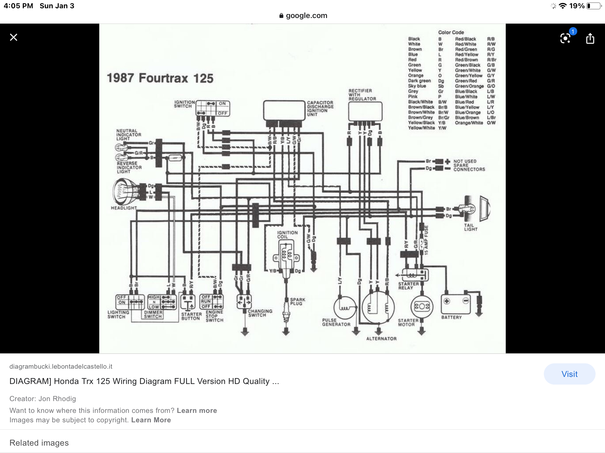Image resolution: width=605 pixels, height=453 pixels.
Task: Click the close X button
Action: [14, 37]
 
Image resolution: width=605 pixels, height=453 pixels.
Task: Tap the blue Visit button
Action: [569, 374]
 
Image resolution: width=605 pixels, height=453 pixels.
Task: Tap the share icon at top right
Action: [590, 38]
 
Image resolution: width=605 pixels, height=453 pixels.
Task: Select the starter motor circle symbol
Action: [422, 307]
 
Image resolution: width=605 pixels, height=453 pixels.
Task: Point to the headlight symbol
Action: [126, 192]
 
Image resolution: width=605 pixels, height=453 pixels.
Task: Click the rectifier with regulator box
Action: [365, 111]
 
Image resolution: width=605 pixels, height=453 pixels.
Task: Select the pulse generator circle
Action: [344, 307]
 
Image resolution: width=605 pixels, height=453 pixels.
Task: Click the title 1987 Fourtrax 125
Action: [160, 78]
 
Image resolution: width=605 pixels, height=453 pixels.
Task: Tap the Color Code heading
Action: [451, 32]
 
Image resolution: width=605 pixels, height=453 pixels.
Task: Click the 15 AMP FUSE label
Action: [426, 240]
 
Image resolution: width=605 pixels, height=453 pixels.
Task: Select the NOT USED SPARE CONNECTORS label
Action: [469, 165]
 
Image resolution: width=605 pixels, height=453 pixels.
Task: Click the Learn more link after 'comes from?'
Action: [197, 411]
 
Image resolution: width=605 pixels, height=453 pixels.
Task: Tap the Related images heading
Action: [39, 443]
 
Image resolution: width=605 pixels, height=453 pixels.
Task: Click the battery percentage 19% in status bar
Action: [577, 6]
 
